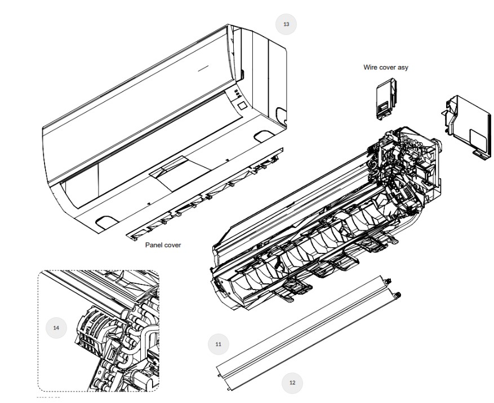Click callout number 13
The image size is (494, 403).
[x=286, y=24]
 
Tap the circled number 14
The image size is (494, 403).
[x=56, y=328]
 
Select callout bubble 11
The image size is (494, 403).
[x=219, y=344]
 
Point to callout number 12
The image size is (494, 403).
[x=292, y=383]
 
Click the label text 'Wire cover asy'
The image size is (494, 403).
[x=386, y=67]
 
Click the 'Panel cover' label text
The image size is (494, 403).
[x=163, y=245]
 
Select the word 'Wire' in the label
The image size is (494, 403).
[x=370, y=67]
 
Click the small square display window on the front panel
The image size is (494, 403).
[x=242, y=106]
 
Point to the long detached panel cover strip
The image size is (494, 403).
[x=205, y=194]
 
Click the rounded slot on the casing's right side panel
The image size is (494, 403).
[x=281, y=115]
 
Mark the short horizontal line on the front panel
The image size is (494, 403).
[x=203, y=68]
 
